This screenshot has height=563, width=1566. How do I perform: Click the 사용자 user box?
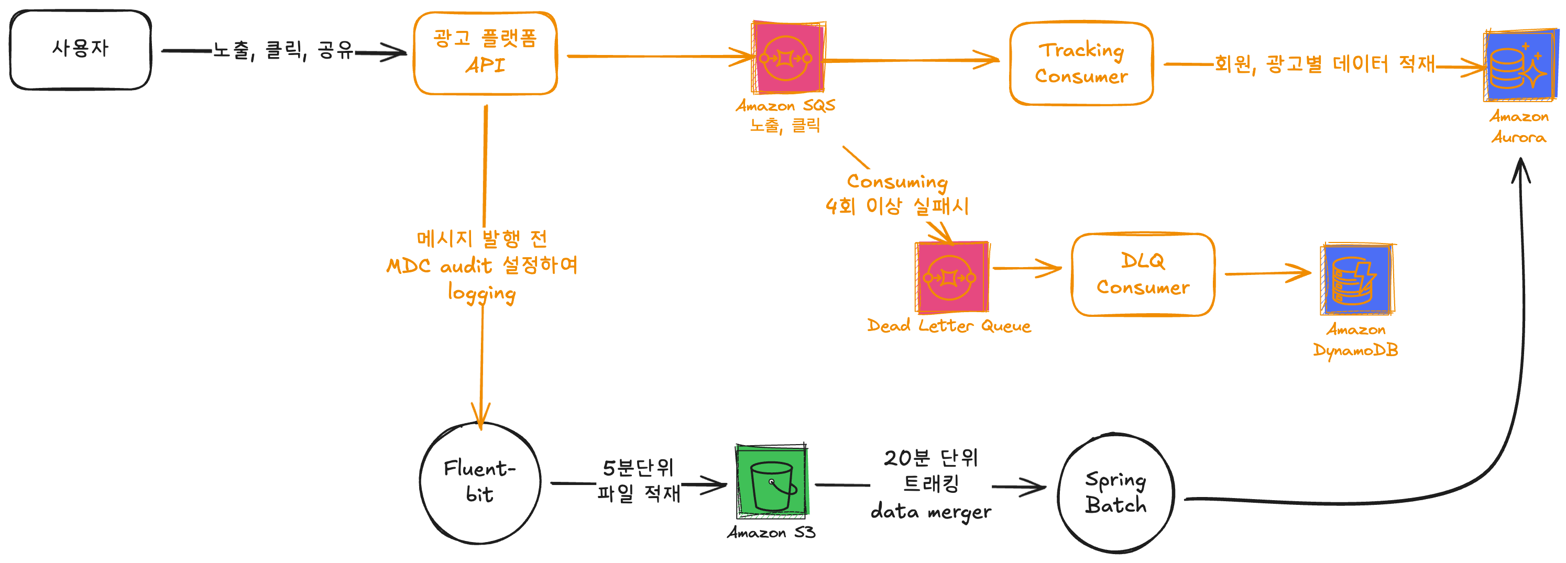pyautogui.click(x=80, y=50)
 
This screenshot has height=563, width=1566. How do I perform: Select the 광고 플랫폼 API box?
pyautogui.click(x=485, y=53)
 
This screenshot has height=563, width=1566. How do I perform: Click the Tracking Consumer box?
pyautogui.click(x=1081, y=63)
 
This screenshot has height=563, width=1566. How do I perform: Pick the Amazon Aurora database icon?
pyautogui.click(x=1520, y=65)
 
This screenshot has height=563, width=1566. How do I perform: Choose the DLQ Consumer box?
pyautogui.click(x=1142, y=275)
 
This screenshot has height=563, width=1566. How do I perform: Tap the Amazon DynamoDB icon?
pyautogui.click(x=1356, y=280)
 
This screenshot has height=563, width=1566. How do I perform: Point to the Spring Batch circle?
pyautogui.click(x=1115, y=493)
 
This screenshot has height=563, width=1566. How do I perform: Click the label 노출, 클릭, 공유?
pyautogui.click(x=283, y=50)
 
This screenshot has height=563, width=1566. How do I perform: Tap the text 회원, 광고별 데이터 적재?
pyautogui.click(x=1324, y=64)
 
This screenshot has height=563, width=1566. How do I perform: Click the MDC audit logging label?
pyautogui.click(x=481, y=266)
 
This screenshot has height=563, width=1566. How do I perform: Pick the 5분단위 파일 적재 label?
pyautogui.click(x=638, y=480)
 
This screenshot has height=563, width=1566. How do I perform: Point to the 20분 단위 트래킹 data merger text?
pyautogui.click(x=930, y=484)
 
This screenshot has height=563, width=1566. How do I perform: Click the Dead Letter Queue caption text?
pyautogui.click(x=948, y=326)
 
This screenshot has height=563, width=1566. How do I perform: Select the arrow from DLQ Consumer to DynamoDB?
pyautogui.click(x=1267, y=273)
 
